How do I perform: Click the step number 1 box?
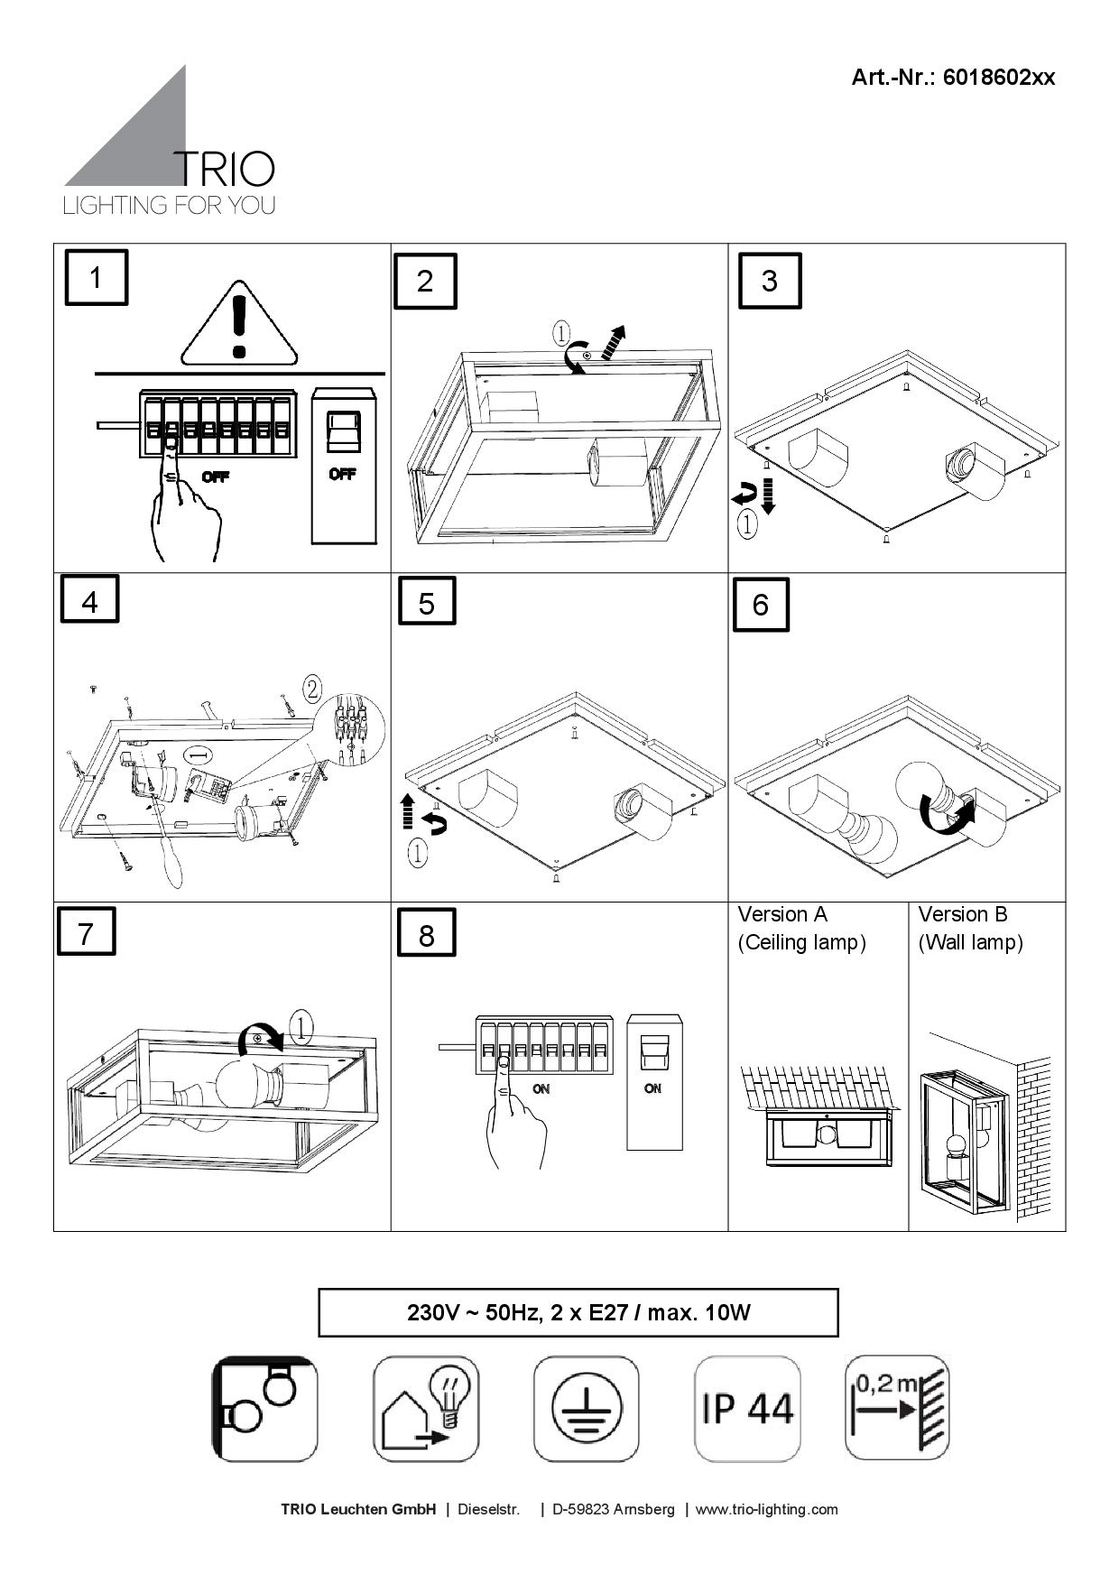coord(96,277)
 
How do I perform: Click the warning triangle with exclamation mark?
coord(239,327)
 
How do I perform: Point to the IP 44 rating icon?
coord(747,1408)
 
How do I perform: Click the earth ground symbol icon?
coord(586,1408)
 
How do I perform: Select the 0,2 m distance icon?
coord(896,1408)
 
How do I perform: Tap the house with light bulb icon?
coord(426,1408)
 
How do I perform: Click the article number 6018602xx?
coord(953,77)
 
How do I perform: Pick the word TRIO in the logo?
coord(223,169)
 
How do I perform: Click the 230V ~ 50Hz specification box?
coord(578,1312)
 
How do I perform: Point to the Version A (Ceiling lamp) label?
coord(801,929)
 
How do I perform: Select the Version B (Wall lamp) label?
coord(970,929)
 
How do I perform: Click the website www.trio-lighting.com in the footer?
coord(766,1509)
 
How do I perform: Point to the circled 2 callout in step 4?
coord(311,690)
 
